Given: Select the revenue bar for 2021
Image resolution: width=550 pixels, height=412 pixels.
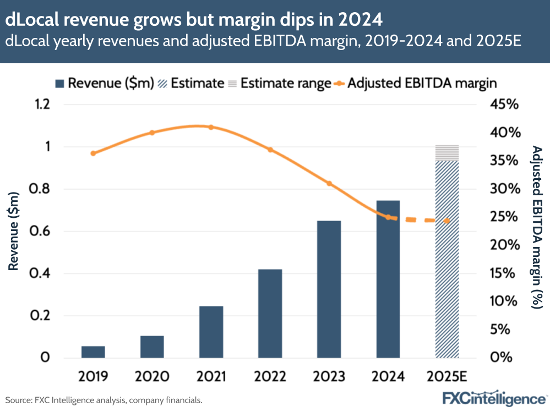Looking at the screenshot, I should pos(211,332).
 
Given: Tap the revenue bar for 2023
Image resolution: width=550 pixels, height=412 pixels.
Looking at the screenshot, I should pos(329,289).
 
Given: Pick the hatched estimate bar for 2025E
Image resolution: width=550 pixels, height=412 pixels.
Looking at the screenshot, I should pos(447,259).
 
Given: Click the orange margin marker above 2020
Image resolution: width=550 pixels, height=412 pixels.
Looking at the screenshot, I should pos(152,133).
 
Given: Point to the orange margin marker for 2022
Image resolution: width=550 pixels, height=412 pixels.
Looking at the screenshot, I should pos(270,150).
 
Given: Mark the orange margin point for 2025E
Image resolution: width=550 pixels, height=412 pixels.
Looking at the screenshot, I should pos(447,221).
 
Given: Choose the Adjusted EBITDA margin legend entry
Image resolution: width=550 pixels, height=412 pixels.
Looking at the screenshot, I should pos(415,83).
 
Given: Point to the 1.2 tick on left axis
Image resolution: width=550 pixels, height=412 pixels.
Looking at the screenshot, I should pos(40,105).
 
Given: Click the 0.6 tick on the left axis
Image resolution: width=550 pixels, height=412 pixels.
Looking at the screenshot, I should pos(40,231).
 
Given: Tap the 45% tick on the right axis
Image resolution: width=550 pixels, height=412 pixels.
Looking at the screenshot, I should pos(504,105).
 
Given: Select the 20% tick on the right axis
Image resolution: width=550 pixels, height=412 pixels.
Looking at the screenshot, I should pos(504,245).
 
